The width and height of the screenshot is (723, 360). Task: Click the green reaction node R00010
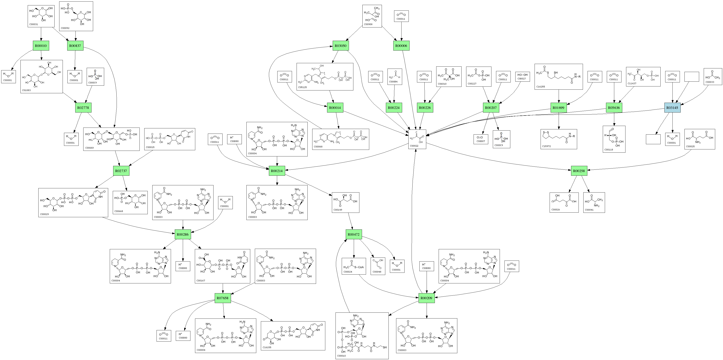coord(41,46)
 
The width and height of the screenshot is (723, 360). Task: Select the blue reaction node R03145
coord(672,108)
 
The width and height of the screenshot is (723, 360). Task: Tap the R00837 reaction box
coord(75,46)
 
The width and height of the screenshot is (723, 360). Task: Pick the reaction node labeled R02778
coord(83,108)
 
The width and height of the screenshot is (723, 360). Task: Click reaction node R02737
coord(121,171)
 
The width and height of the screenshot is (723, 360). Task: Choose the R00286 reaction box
coord(183,234)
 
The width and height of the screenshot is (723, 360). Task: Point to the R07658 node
coord(223,298)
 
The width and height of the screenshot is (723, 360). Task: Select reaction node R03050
coord(341,46)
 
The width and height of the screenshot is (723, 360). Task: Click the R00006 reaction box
coord(401,46)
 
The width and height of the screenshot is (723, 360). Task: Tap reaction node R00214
coord(277,171)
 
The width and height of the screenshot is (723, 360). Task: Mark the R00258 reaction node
coord(579,171)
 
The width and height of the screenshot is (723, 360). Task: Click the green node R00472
coord(353,234)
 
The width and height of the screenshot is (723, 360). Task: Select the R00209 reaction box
coord(427,298)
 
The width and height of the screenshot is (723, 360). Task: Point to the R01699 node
coord(558,108)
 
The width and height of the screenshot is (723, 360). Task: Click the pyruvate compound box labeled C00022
coord(417,139)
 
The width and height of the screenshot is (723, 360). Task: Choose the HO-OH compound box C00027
coord(522,77)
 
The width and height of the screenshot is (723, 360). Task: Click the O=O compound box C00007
coord(481,139)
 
